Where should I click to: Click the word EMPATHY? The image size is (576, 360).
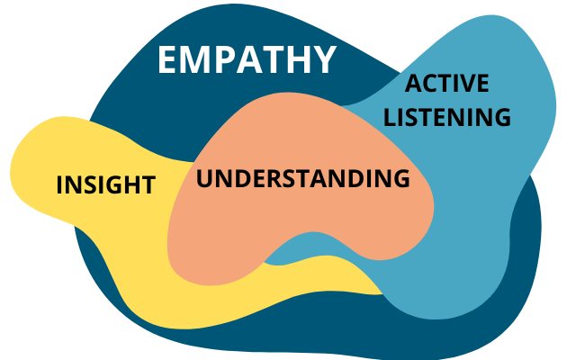[x=247, y=59]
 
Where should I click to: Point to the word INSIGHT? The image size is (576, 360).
[x=105, y=185]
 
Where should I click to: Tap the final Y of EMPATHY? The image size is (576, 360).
[x=324, y=59]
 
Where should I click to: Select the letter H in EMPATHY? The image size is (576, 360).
[x=297, y=59]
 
